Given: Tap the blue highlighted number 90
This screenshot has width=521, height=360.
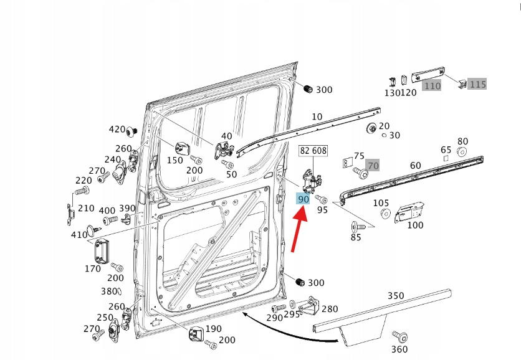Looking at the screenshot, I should click(x=304, y=199).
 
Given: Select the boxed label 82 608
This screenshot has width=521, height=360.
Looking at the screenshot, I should click(x=313, y=151).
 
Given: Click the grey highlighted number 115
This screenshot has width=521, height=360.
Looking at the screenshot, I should click(x=477, y=84).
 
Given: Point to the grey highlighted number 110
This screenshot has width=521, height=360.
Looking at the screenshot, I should click(x=431, y=86).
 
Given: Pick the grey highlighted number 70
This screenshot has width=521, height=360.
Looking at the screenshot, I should click(x=373, y=166).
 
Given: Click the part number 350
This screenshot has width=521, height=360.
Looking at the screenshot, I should click(x=396, y=295).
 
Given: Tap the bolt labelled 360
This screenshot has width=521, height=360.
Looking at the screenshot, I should click(x=402, y=337).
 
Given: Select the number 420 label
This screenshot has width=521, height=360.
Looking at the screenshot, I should click(x=117, y=130).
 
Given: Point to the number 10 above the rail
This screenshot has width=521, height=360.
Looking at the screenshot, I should click(x=317, y=116).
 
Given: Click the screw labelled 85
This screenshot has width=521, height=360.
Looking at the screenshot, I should click(x=356, y=225).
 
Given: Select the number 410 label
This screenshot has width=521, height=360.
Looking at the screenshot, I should click(x=80, y=235).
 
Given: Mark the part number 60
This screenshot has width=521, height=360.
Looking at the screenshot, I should click(x=416, y=165).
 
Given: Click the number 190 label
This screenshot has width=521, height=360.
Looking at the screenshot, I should click(x=213, y=329).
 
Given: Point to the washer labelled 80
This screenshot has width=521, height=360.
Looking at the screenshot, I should click(x=462, y=152).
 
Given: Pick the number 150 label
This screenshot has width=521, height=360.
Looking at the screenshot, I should click(x=175, y=160).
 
